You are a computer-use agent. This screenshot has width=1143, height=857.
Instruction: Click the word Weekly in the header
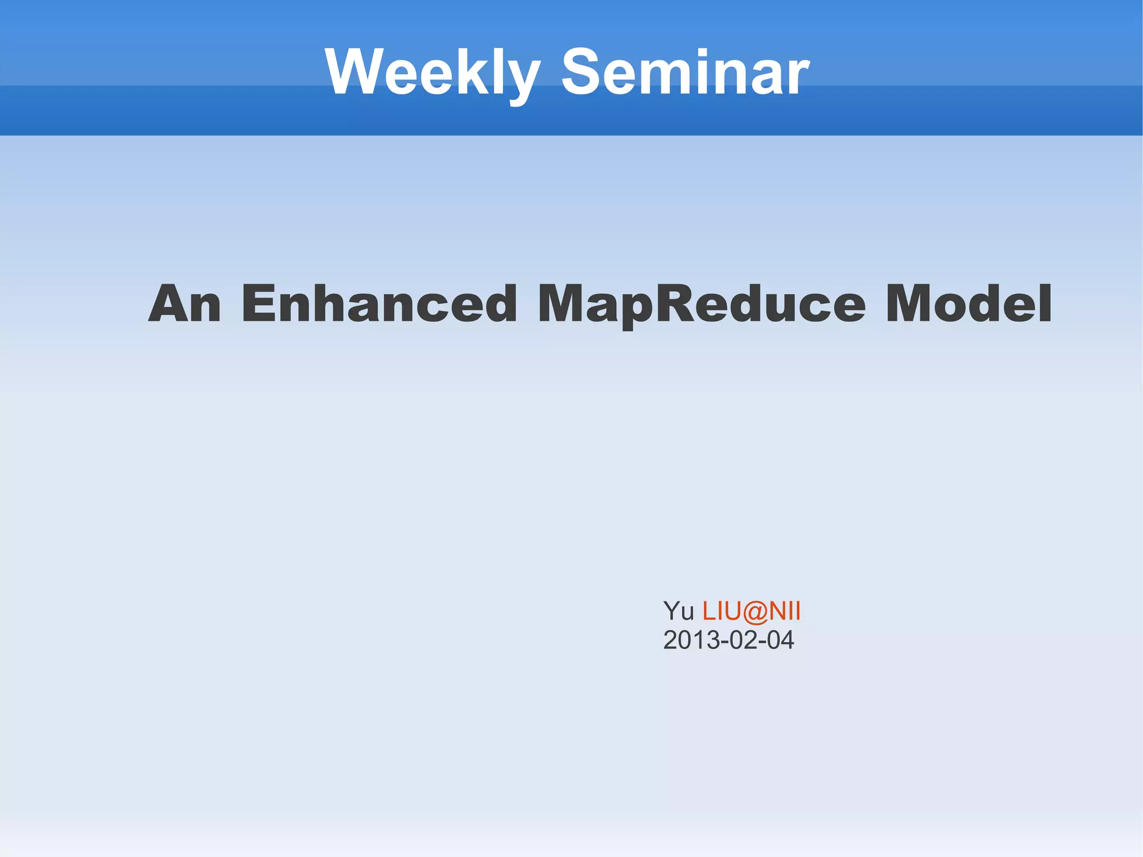click(x=433, y=73)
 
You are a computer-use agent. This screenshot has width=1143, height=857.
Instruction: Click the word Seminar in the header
click(x=685, y=73)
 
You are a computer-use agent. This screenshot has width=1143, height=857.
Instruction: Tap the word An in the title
click(x=185, y=304)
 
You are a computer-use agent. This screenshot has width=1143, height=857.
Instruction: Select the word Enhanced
click(x=380, y=304)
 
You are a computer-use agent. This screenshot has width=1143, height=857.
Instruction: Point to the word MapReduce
click(x=701, y=305)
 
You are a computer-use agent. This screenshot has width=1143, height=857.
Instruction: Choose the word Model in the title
click(x=968, y=304)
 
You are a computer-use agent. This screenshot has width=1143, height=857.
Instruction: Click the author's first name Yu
click(x=678, y=611)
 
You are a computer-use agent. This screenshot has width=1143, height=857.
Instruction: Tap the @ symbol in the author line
click(x=756, y=611)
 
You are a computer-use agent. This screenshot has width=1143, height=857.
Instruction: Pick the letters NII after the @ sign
click(x=785, y=611)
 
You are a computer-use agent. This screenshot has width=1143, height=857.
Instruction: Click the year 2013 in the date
click(x=691, y=640)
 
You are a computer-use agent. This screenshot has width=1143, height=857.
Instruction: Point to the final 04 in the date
click(x=780, y=640)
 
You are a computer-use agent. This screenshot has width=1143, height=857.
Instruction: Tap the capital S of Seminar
click(x=583, y=73)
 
